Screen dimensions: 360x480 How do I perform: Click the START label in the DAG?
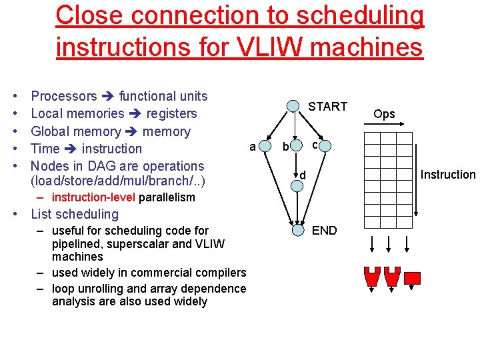click(x=327, y=106)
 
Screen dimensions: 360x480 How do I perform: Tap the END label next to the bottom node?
click(x=325, y=231)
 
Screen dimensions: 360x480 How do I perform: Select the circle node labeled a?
click(x=265, y=146)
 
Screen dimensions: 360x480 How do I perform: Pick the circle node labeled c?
click(x=325, y=147)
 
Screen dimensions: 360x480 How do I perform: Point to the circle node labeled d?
click(x=297, y=186)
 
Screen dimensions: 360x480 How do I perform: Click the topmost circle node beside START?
click(x=293, y=106)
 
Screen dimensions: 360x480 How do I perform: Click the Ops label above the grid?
click(x=384, y=114)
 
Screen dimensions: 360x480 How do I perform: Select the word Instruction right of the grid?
click(x=448, y=175)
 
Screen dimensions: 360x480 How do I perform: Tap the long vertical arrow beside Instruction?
click(x=415, y=173)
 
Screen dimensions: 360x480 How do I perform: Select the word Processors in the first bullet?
click(x=64, y=97)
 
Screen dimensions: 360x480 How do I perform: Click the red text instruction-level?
click(x=93, y=197)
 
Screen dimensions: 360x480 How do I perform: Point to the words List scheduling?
click(x=75, y=214)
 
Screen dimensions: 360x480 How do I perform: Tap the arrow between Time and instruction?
click(x=71, y=149)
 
